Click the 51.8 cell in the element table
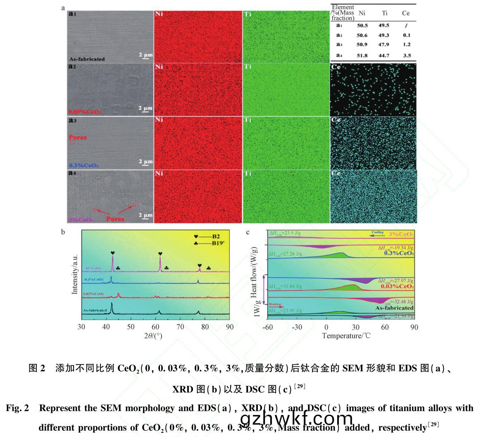coord(362,55)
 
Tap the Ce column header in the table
coord(405,13)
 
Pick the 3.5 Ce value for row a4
coord(406,55)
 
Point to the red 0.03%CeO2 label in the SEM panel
coord(85,112)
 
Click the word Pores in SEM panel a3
coord(78,137)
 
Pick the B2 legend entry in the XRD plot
coord(207,237)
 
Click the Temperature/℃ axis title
coord(346,335)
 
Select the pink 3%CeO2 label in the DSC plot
coord(401,234)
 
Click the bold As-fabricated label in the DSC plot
coord(394,308)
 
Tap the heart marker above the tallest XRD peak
coord(113,253)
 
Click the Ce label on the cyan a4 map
coord(336,173)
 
